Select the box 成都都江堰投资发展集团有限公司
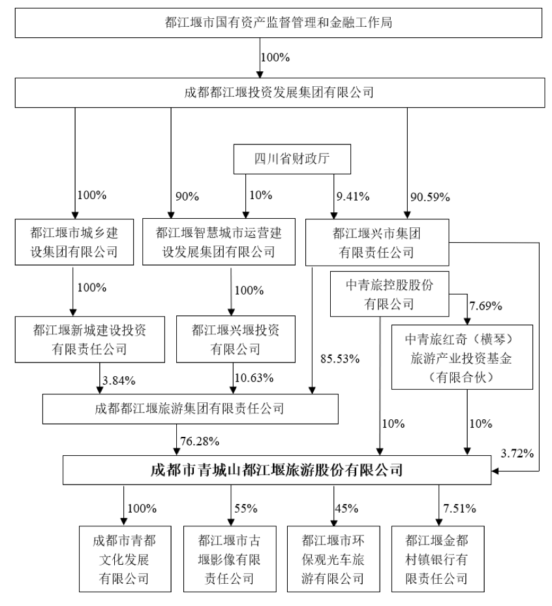(x=278, y=92)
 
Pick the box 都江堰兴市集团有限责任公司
(x=376, y=241)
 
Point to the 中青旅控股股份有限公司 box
(x=390, y=293)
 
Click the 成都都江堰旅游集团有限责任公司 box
(x=190, y=409)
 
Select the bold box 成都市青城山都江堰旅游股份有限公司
(x=276, y=470)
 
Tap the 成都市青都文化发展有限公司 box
(x=123, y=560)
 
